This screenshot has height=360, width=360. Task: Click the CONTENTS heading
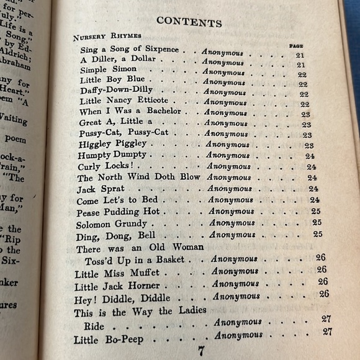(x=189, y=22)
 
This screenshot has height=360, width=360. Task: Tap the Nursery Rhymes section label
(x=107, y=37)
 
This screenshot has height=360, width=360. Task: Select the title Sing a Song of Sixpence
(x=128, y=49)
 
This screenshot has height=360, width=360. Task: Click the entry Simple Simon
(x=102, y=70)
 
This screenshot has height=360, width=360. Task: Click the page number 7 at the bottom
(x=201, y=351)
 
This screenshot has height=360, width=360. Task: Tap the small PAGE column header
(x=295, y=45)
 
